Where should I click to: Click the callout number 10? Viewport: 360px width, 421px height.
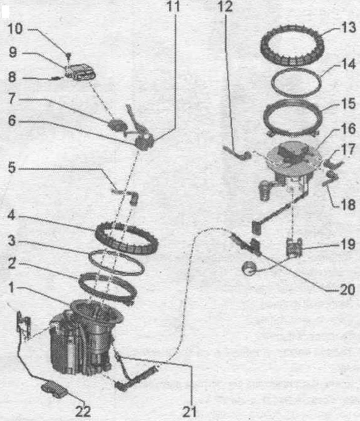tap(15, 28)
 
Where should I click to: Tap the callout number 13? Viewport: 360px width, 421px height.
tap(348, 27)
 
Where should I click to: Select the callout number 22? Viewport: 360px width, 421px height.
tap(82, 411)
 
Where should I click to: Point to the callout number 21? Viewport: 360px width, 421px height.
tap(189, 411)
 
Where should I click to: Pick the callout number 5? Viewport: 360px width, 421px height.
tap(12, 167)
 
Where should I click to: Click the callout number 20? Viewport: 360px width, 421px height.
tap(347, 289)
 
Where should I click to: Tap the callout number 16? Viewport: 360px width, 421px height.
tap(348, 129)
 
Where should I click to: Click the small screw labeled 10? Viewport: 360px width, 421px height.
tap(68, 56)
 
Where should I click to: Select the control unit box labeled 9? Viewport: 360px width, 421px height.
tap(80, 71)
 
